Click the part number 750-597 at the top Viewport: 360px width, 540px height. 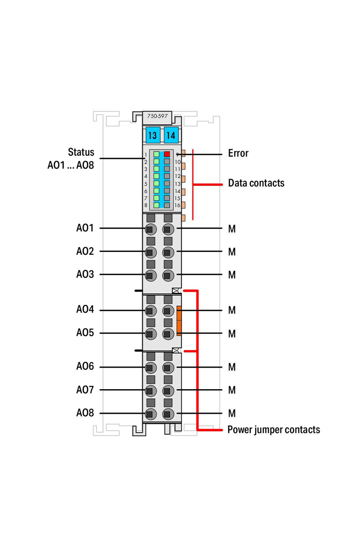(x=157, y=117)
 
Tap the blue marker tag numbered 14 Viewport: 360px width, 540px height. (x=171, y=135)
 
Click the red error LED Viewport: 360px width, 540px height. (x=167, y=153)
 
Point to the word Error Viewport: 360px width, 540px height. (x=238, y=153)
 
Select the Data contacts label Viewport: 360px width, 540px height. (x=256, y=183)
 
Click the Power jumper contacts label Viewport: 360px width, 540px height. (x=274, y=429)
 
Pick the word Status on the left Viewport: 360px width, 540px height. (x=81, y=152)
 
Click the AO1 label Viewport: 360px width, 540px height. (x=85, y=228)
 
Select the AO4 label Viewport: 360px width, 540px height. (x=85, y=310)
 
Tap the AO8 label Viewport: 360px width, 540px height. (x=85, y=413)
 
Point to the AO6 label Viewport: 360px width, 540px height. (x=85, y=367)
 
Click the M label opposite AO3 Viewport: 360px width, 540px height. (x=232, y=274)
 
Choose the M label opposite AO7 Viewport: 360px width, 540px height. (x=232, y=390)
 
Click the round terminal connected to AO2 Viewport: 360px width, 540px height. (x=150, y=252)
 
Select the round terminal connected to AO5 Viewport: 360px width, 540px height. (x=150, y=333)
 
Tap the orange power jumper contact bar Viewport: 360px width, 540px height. (x=179, y=321)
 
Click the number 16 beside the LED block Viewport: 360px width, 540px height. (x=177, y=205)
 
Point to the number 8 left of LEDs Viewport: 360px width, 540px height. (x=146, y=205)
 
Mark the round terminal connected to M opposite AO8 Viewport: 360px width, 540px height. (x=168, y=414)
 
